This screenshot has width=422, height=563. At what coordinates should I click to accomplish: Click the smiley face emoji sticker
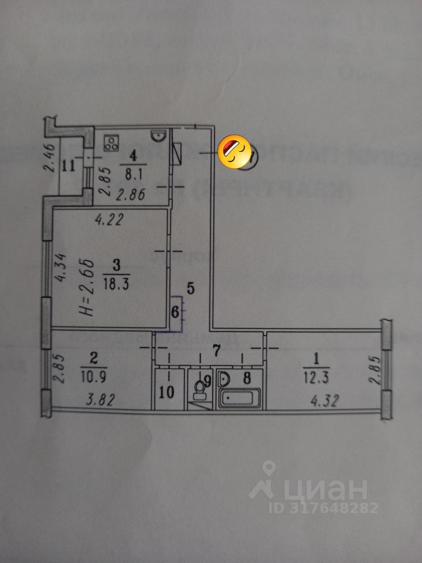pyautogui.click(x=234, y=152)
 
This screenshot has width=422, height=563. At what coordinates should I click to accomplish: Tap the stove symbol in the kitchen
pyautogui.click(x=111, y=143)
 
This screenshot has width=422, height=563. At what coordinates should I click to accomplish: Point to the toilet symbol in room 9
pyautogui.click(x=200, y=386)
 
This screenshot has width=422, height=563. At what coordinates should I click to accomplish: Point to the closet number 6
pyautogui.click(x=174, y=313)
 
